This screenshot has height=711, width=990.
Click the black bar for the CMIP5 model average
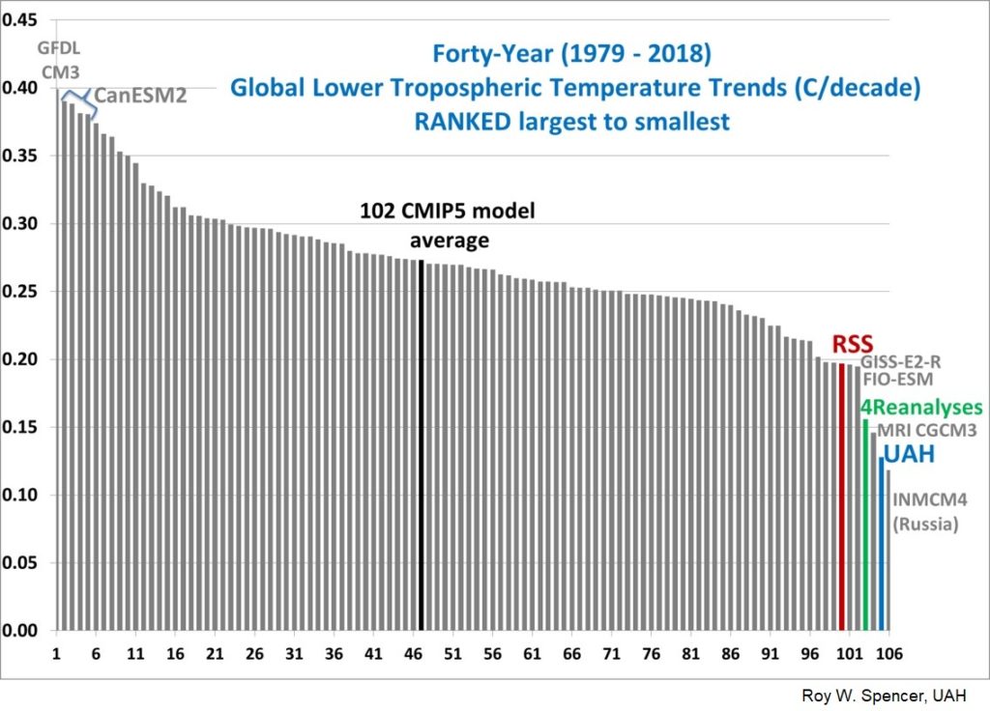tap(422, 444)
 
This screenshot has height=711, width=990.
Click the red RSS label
tap(853, 344)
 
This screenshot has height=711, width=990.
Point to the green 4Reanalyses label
tap(921, 408)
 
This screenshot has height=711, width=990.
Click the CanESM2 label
tap(139, 98)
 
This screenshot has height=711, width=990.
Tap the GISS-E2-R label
tap(901, 362)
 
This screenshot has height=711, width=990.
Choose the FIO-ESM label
tap(898, 380)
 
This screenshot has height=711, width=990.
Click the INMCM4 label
tap(926, 500)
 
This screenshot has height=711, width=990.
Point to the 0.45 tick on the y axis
tap(21, 20)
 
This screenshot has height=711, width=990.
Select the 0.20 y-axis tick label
tap(21, 360)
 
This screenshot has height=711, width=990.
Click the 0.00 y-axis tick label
tap(21, 632)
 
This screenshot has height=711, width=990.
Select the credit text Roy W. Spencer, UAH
tap(883, 696)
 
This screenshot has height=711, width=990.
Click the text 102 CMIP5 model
tap(448, 210)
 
